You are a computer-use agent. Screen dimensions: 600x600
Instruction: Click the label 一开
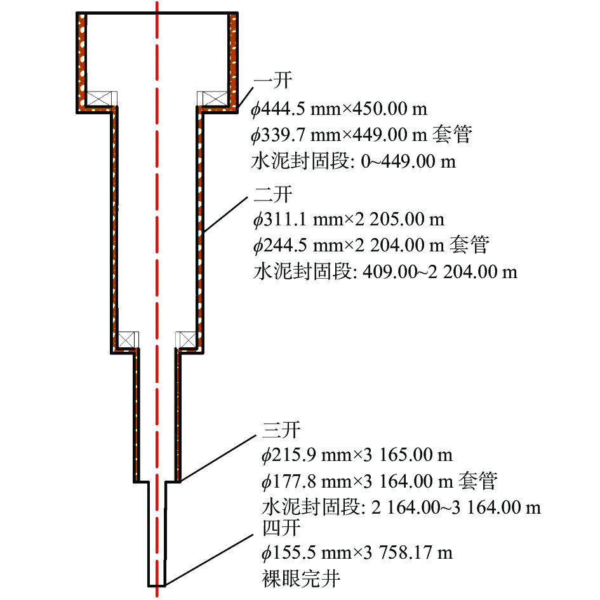[273, 81]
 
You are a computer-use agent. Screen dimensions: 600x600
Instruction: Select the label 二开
[273, 194]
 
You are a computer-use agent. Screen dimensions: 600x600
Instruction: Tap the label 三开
[281, 430]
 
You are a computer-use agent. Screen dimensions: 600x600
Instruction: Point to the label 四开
[281, 528]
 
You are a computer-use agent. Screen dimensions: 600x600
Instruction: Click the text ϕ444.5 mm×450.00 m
[339, 109]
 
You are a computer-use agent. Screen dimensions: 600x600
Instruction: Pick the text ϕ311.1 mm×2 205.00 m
[349, 220]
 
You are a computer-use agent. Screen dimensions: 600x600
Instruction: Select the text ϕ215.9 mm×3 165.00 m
[357, 455]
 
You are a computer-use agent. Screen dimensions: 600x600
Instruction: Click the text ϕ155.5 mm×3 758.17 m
[357, 553]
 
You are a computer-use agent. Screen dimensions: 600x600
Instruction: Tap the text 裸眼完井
[301, 578]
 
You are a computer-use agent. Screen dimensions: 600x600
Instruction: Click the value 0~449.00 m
[408, 161]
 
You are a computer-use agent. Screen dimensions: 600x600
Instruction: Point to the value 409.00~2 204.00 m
[439, 272]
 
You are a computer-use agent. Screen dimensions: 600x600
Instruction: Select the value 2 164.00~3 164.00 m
[456, 508]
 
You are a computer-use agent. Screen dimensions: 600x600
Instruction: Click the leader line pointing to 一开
[245, 98]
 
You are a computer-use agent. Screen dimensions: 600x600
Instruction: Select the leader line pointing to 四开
[209, 559]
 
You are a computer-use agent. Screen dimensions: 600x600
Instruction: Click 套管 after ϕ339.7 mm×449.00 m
[452, 135]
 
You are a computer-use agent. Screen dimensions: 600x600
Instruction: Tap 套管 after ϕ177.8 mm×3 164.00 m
[478, 481]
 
